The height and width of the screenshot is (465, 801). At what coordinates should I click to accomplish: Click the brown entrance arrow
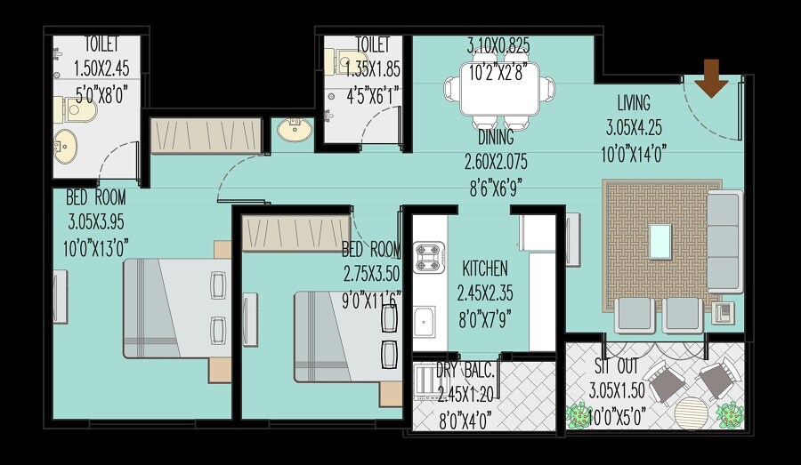(x=712, y=76)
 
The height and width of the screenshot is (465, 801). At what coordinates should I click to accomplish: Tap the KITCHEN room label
(x=484, y=269)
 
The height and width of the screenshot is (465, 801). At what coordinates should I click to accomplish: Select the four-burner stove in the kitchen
(x=430, y=257)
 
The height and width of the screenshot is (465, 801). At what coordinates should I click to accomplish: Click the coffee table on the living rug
(x=659, y=240)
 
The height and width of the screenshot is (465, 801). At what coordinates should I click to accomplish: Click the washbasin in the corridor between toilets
(x=295, y=131)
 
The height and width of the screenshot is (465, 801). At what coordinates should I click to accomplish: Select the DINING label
(x=495, y=138)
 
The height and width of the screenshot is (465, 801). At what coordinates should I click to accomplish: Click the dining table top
(x=499, y=89)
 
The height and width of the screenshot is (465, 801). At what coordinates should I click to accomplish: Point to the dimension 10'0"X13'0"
(x=97, y=245)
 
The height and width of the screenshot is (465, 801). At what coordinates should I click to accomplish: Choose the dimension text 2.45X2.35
(x=486, y=292)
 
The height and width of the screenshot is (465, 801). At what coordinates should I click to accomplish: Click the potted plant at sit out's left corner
(x=579, y=414)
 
